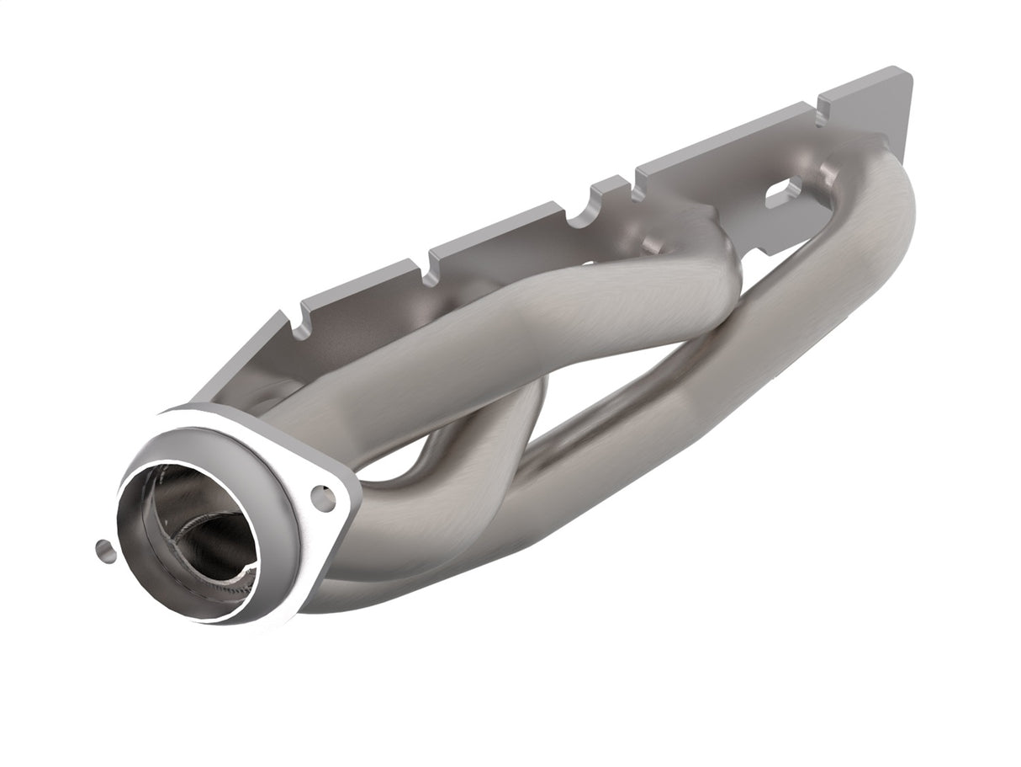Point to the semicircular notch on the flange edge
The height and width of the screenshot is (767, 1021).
pyautogui.click(x=579, y=221)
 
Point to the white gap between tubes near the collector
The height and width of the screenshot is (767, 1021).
pyautogui.click(x=395, y=467)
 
